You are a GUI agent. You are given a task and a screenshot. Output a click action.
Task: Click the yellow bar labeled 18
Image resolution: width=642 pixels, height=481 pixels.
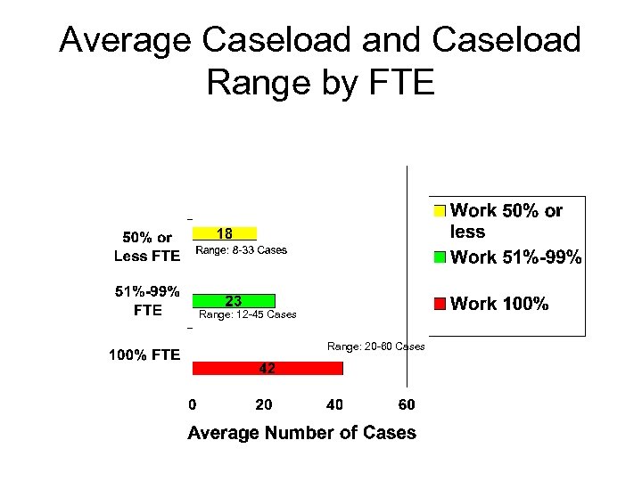(225, 233)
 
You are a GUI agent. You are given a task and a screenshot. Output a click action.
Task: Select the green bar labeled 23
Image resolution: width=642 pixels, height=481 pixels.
(235, 301)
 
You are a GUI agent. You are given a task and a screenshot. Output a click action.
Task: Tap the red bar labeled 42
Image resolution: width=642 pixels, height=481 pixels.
(267, 368)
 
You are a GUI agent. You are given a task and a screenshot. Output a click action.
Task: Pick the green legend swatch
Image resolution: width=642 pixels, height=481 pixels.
(439, 257)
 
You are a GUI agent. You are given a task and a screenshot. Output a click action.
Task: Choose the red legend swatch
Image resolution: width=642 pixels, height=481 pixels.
(439, 304)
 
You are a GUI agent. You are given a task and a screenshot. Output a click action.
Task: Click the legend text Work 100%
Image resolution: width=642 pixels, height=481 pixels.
(499, 304)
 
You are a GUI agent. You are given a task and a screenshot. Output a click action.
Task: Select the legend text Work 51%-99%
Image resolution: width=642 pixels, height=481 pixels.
(516, 257)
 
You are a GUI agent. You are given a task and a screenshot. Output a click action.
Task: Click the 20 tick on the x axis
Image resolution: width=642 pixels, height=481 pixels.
(264, 405)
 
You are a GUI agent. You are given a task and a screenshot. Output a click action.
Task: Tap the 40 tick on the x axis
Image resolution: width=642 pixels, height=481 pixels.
(334, 405)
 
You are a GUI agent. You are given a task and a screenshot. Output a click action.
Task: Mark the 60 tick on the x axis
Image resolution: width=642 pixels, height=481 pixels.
(406, 405)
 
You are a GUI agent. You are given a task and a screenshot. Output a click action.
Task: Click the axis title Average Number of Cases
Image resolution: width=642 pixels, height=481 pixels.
(301, 433)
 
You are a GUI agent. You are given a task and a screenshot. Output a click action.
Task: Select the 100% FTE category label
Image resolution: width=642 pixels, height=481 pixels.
(144, 355)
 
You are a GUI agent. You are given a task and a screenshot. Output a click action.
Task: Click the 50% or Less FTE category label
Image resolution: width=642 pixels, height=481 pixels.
(147, 247)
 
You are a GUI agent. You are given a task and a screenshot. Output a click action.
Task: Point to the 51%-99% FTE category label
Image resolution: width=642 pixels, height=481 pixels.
(147, 300)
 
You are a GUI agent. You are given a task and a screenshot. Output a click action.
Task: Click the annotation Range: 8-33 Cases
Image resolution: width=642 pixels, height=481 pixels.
(242, 250)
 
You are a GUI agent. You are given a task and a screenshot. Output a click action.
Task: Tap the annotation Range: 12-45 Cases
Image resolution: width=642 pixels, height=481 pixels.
(248, 314)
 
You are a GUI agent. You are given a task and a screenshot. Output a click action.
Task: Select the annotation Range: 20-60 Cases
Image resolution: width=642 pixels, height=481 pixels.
(376, 346)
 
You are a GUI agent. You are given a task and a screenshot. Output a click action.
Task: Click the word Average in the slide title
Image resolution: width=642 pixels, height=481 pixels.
(125, 40)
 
